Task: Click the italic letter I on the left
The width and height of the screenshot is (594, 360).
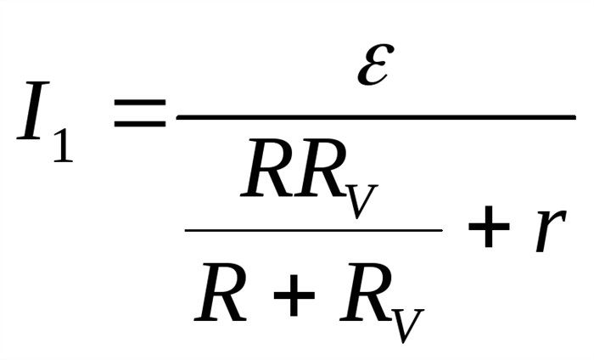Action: pos(33,110)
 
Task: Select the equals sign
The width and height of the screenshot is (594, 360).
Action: pos(140,113)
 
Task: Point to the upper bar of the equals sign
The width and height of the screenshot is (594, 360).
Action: pos(140,103)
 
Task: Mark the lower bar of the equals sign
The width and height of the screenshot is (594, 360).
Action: pos(140,123)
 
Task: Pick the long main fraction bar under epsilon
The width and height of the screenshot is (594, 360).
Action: pos(376,118)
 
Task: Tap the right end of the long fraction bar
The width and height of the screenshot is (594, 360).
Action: pos(575,118)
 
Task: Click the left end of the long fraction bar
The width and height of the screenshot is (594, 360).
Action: pos(177,118)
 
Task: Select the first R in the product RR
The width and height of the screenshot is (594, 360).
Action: pos(267,167)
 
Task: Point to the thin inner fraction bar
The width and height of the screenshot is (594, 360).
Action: pos(314,230)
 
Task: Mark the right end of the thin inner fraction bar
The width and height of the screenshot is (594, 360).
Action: pos(442,230)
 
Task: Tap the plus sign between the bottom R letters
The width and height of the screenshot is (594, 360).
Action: pos(294,295)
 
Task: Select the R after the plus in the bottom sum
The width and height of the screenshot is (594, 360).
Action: pos(366,292)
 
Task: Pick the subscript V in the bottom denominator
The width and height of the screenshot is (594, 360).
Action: pos(406,325)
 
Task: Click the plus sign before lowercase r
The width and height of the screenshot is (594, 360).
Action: pos(489,227)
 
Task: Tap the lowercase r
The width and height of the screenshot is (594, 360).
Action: pos(550,229)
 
